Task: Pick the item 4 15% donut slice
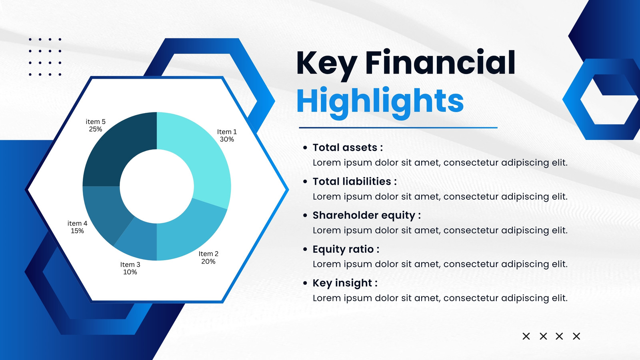point(103,212)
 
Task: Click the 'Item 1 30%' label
point(227,136)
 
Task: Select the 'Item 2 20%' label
point(208,258)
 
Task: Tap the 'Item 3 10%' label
point(130,268)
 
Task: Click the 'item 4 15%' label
point(77,227)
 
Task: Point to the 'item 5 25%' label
point(96,125)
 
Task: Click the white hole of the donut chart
point(156,186)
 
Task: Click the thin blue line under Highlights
point(398,128)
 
